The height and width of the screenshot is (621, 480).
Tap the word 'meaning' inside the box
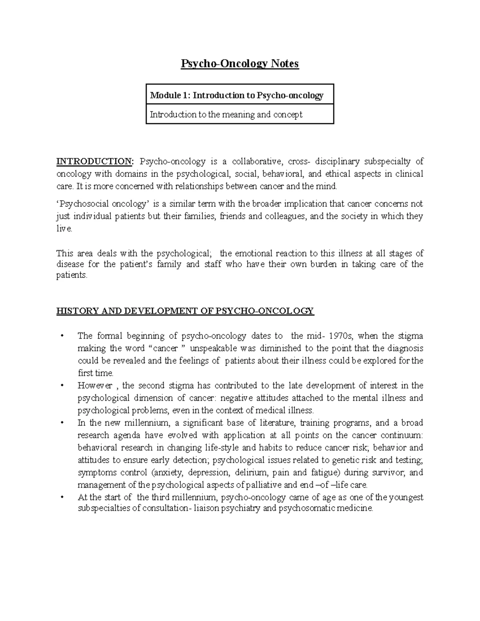pos(234,115)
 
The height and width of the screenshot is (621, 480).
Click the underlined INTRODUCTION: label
pos(94,162)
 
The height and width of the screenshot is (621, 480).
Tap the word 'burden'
pos(323,264)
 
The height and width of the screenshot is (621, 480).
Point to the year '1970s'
pos(336,336)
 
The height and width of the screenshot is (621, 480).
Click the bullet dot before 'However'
pos(62,385)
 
